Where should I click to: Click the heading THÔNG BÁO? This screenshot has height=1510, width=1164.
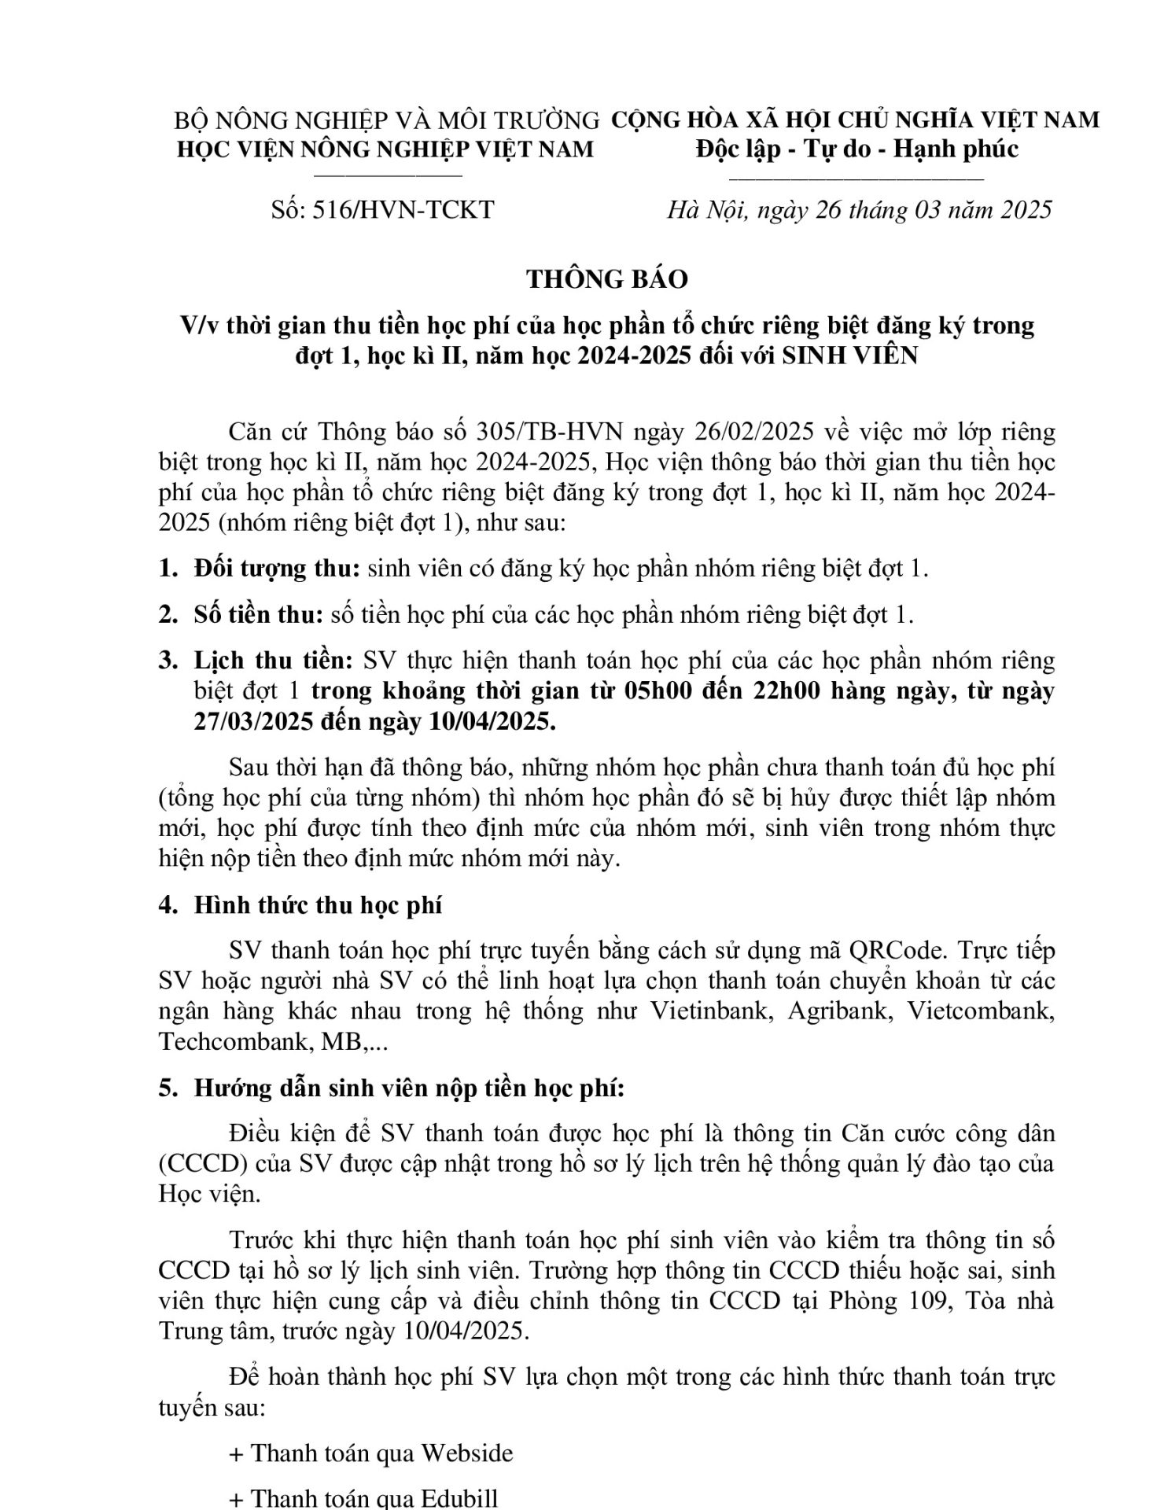[x=606, y=279]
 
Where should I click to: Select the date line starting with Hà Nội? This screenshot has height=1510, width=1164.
[x=859, y=210]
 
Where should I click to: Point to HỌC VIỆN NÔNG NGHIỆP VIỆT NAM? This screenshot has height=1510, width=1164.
[x=385, y=149]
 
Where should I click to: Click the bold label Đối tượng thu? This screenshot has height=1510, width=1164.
[x=278, y=569]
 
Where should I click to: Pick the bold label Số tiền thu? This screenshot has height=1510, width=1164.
[x=259, y=614]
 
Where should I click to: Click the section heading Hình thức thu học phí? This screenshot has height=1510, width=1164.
[x=318, y=904]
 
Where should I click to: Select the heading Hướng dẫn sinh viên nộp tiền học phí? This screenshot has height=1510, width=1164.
[x=409, y=1088]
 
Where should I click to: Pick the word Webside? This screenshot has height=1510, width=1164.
[x=467, y=1453]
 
